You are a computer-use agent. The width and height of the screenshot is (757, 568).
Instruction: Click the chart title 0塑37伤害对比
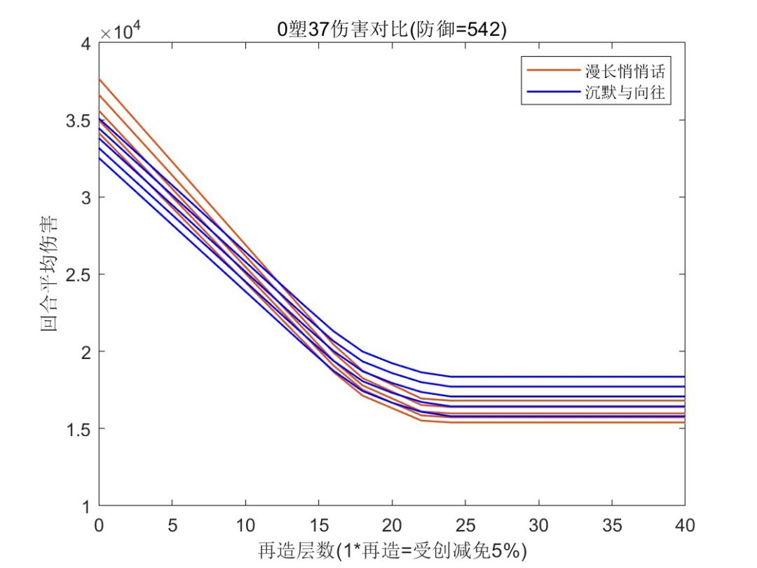coord(391,30)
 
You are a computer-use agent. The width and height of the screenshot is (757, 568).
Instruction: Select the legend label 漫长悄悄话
coord(625,71)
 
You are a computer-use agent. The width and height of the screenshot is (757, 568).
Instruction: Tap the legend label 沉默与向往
coord(625,93)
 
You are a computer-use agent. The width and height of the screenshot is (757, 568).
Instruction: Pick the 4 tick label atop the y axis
coord(86,44)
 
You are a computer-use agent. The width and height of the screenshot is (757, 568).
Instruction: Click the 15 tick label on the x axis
coord(318,524)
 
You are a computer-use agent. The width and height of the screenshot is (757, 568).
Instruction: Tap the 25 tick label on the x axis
coord(465,524)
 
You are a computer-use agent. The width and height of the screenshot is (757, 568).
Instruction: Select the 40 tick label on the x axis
coord(684,524)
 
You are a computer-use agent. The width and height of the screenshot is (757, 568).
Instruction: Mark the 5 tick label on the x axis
coord(172,524)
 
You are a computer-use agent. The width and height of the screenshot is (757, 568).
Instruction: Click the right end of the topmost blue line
coord(683,377)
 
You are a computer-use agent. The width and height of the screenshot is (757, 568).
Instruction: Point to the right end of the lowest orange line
coord(683,422)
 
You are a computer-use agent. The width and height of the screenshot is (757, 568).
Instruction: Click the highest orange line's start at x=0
coord(100,79)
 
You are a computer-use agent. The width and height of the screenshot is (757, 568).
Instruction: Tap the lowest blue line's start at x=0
coord(100,158)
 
